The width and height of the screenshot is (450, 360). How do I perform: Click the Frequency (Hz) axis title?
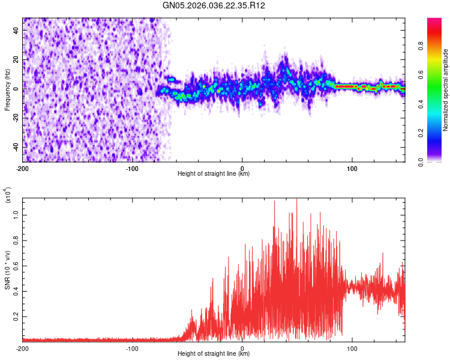[x=7, y=89]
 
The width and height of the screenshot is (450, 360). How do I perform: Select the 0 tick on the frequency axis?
[x=18, y=88]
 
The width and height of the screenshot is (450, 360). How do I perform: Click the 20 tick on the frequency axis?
[x=17, y=59]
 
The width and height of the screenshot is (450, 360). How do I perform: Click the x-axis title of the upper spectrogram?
[x=214, y=174]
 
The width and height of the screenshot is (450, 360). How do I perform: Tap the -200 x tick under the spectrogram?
[x=23, y=168]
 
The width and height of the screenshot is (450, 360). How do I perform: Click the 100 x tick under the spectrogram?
[x=352, y=168]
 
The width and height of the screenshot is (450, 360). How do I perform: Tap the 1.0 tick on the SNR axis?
[x=16, y=215]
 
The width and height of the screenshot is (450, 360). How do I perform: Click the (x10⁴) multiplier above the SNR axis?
[x=7, y=196]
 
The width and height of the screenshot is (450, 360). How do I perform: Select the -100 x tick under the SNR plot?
[x=133, y=348]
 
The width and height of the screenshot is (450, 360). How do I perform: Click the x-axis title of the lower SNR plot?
[x=214, y=354]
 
